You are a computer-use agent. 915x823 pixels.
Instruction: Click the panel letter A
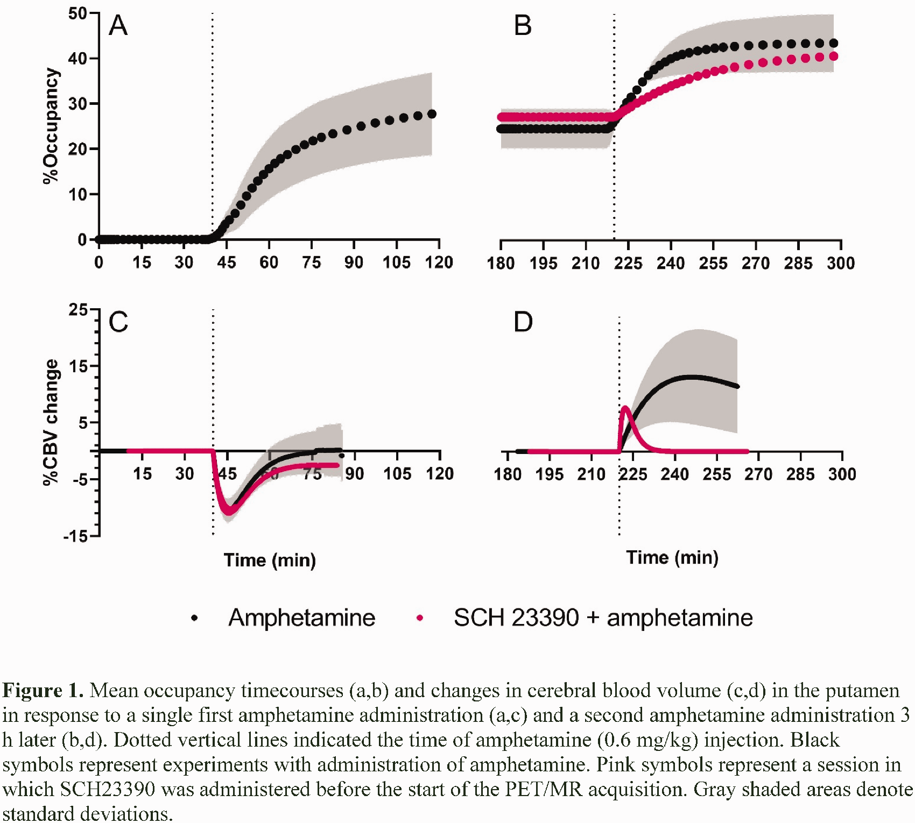pyautogui.click(x=118, y=25)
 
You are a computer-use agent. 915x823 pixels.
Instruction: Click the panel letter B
pyautogui.click(x=523, y=25)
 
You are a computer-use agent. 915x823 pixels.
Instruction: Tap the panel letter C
pyautogui.click(x=118, y=322)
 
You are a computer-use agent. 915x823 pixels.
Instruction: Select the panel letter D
pyautogui.click(x=523, y=322)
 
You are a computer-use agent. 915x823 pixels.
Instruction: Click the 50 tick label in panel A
pyautogui.click(x=78, y=13)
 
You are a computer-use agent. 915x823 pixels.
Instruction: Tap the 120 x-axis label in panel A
pyautogui.click(x=439, y=262)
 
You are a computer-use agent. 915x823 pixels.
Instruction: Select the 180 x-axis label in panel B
pyautogui.click(x=501, y=263)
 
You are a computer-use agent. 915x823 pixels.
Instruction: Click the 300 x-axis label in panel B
pyautogui.click(x=841, y=263)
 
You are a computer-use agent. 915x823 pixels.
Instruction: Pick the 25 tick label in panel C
pyautogui.click(x=78, y=310)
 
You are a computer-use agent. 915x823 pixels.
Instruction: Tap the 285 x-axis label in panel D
pyautogui.click(x=800, y=474)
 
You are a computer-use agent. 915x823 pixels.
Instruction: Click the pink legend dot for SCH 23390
pyautogui.click(x=420, y=618)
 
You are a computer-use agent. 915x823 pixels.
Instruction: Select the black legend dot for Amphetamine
pyautogui.click(x=194, y=618)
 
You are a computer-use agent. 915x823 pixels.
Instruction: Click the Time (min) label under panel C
pyautogui.click(x=270, y=561)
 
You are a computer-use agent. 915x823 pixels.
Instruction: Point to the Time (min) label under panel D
pyautogui.click(x=672, y=558)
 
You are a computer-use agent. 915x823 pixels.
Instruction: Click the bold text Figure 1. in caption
pyautogui.click(x=43, y=690)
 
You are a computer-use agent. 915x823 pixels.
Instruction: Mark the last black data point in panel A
pyautogui.click(x=432, y=114)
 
